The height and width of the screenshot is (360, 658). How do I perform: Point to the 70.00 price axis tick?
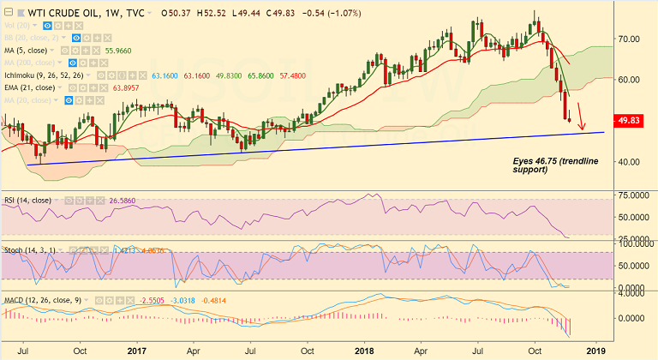(632, 39)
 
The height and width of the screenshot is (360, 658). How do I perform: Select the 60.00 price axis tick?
(632, 80)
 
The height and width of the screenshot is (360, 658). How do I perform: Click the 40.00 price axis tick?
(632, 162)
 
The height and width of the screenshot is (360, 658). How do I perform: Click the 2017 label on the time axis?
(138, 351)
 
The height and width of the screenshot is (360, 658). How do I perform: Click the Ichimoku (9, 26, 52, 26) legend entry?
(51, 75)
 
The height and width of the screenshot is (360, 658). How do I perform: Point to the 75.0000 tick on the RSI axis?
(635, 196)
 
